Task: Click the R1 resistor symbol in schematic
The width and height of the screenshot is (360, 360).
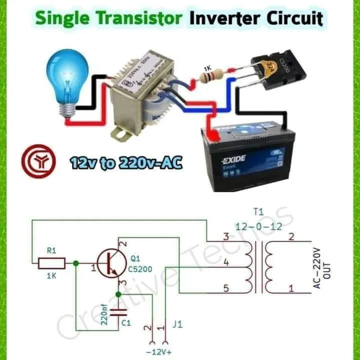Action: [51, 264]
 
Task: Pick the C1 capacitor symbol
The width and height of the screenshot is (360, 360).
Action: [118, 312]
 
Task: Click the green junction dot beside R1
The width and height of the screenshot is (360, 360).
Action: [76, 263]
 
